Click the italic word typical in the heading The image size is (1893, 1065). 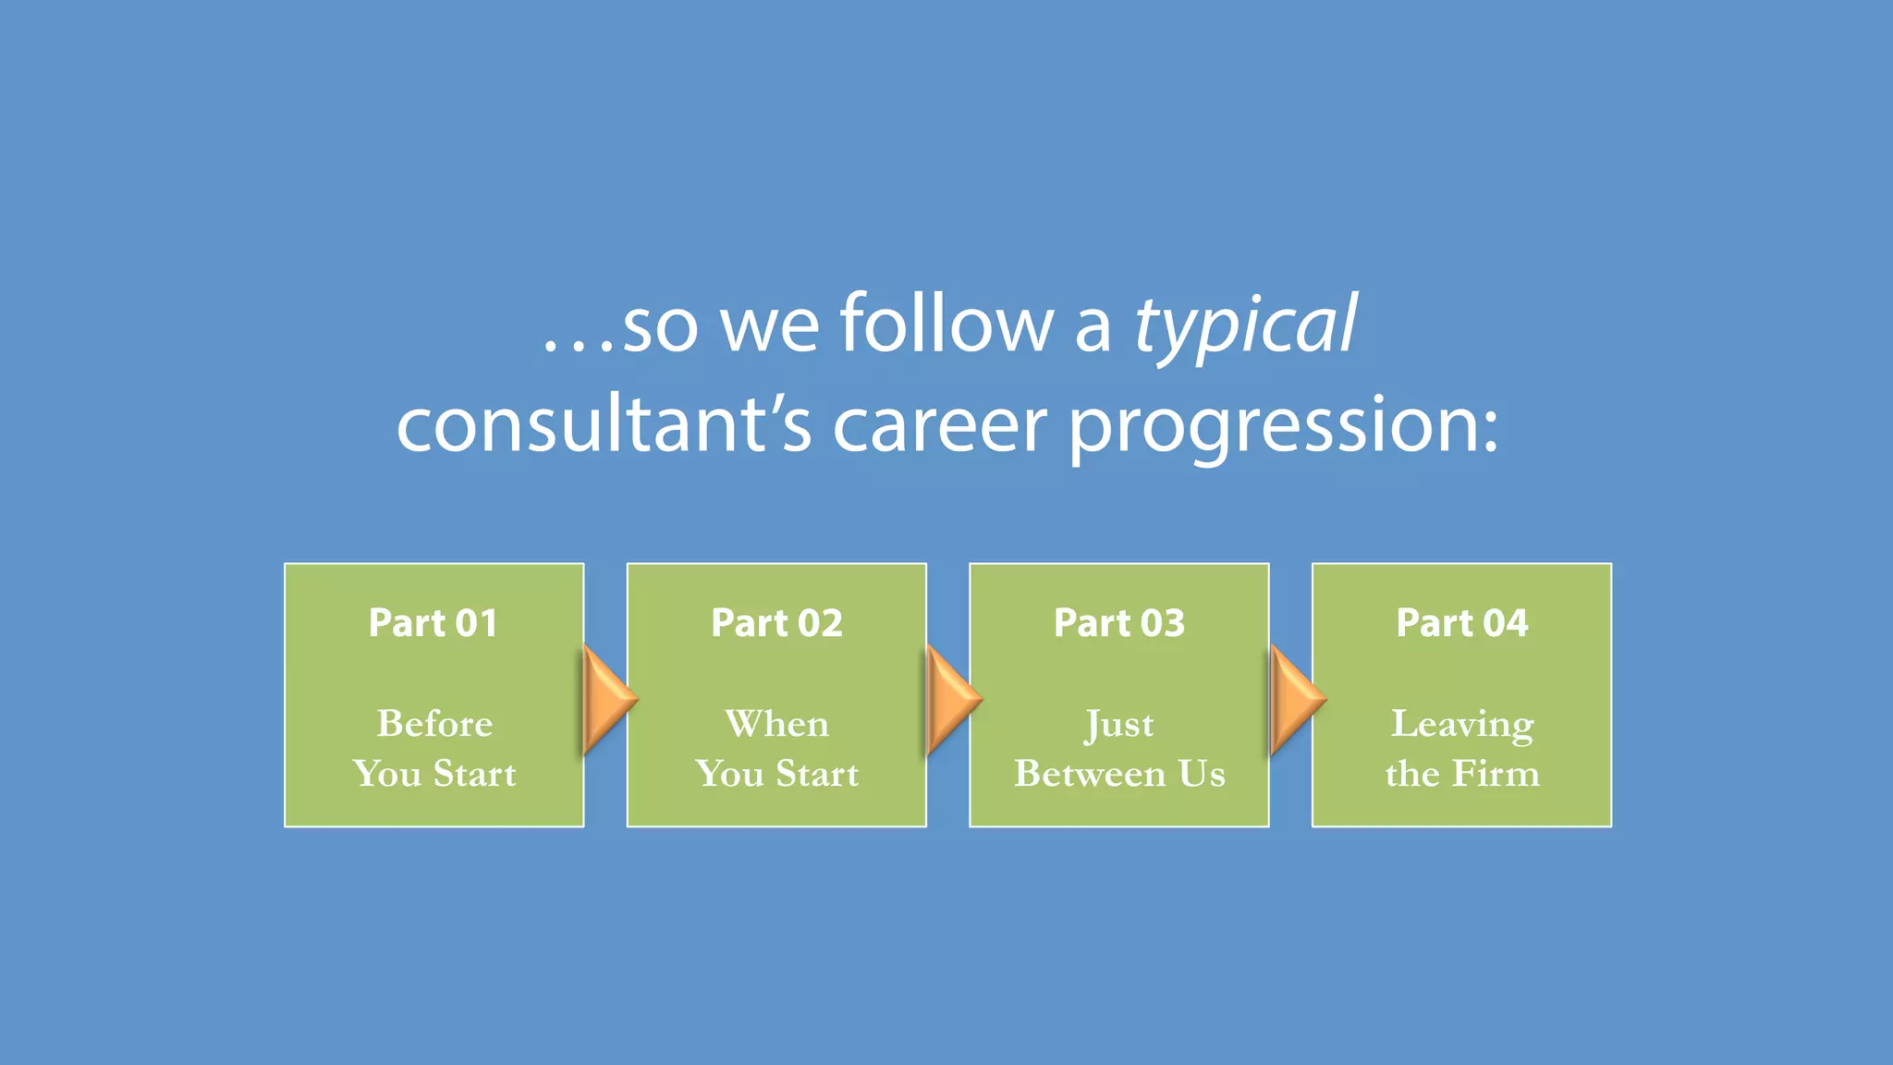pos(1245,325)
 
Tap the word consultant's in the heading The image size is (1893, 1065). pos(605,424)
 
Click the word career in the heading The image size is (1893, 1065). pos(940,424)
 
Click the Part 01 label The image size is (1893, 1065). pos(434,623)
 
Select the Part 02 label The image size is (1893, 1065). pos(776,623)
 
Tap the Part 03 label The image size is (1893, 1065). pos(1119,623)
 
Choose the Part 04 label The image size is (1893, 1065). pos(1462,623)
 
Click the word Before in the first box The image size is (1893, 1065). pos(434,723)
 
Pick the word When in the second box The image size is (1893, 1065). pos(776,723)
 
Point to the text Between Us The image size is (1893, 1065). pos(1119,774)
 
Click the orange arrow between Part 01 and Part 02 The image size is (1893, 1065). pos(607,699)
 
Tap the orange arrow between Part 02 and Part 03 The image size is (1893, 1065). pos(951,699)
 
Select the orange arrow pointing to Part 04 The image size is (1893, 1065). pos(1295,699)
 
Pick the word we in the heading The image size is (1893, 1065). pos(769,325)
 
